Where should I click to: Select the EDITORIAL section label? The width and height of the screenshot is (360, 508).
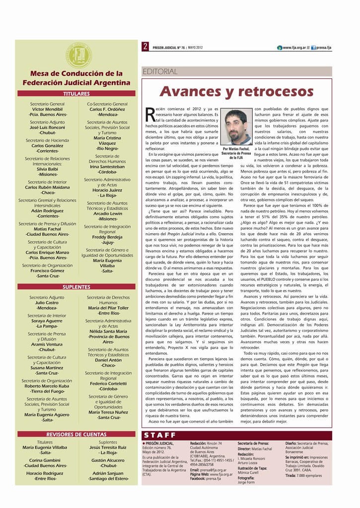[160, 71]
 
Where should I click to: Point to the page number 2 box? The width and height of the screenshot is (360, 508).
[145, 47]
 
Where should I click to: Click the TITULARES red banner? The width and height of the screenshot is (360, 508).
[76, 93]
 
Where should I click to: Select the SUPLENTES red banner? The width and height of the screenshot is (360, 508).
[76, 287]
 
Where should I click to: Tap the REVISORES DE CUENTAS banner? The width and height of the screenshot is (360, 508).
[76, 434]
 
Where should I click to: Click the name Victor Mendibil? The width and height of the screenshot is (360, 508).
[48, 109]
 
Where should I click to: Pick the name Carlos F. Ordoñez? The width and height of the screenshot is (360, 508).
[107, 109]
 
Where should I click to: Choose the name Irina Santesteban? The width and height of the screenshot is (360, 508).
[107, 167]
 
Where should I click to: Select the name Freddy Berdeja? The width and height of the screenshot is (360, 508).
[107, 237]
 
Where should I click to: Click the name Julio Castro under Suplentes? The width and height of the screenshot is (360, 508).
[47, 302]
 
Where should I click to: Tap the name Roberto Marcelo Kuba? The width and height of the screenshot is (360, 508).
[47, 386]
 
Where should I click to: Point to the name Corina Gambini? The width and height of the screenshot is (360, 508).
[45, 460]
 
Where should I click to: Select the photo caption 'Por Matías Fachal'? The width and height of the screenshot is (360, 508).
[236, 149]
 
